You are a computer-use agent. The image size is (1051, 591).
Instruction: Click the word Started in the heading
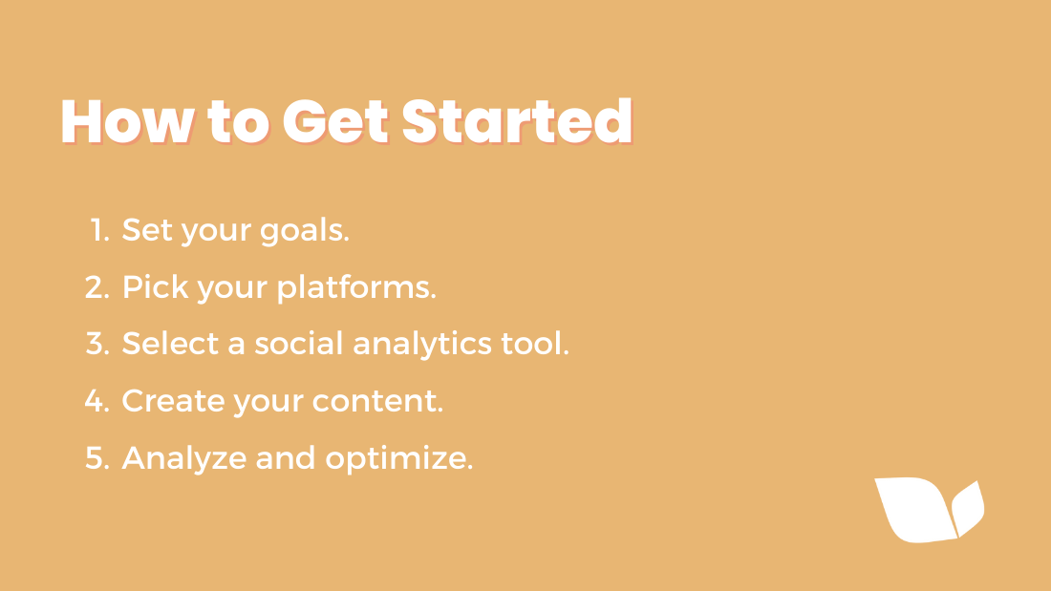click(517, 121)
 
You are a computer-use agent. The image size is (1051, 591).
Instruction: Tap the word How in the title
click(127, 121)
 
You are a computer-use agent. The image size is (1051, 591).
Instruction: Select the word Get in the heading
click(335, 121)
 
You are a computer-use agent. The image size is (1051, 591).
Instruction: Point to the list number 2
click(97, 286)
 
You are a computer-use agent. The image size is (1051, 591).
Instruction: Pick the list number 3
click(97, 344)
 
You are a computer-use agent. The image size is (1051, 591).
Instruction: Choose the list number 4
click(97, 401)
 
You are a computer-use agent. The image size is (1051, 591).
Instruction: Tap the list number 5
click(97, 458)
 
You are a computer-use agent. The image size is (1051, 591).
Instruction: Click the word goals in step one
click(304, 231)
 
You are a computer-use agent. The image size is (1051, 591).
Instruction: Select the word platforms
click(356, 288)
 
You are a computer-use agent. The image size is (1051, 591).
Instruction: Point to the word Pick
click(156, 286)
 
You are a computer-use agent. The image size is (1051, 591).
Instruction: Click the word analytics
click(422, 345)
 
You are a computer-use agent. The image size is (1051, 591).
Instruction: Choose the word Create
click(173, 401)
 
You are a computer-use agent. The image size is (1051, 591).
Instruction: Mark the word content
click(377, 401)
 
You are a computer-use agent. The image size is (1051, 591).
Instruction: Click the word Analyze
click(184, 459)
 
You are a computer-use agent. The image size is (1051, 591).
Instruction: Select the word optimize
click(399, 459)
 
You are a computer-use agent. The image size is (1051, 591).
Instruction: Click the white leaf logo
click(929, 510)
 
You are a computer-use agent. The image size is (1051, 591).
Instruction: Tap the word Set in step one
click(147, 230)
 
